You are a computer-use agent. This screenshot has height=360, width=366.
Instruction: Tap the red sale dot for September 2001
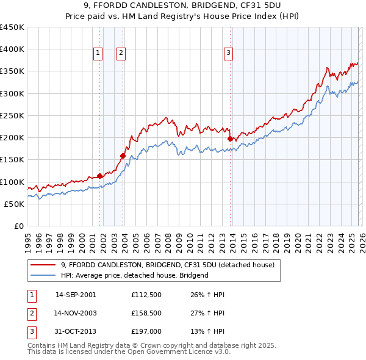click(x=99, y=176)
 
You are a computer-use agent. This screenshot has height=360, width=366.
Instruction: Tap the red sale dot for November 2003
click(x=123, y=156)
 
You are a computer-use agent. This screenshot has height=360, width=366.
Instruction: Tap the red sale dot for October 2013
click(x=230, y=139)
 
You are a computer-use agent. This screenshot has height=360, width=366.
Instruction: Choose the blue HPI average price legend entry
click(x=135, y=275)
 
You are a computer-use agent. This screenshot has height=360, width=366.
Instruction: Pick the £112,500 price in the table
click(x=145, y=295)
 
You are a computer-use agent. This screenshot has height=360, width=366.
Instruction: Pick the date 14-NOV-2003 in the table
click(x=76, y=313)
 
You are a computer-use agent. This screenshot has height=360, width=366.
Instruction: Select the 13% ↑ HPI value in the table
click(x=207, y=331)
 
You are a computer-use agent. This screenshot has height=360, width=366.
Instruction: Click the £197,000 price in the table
click(x=145, y=331)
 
